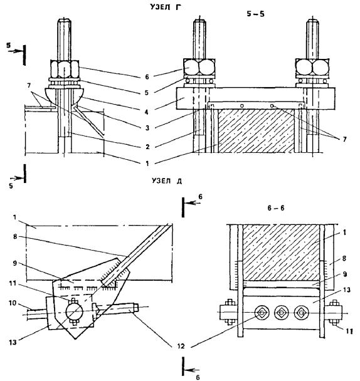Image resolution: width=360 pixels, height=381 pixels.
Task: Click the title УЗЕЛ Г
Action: pos(166,7)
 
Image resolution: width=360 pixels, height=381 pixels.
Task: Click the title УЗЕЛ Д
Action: pos(167,180)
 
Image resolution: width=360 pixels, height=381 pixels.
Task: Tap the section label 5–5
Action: pos(255,14)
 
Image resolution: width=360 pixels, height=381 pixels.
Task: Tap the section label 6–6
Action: pos(275,208)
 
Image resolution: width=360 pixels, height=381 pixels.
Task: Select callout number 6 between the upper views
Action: pos(147,77)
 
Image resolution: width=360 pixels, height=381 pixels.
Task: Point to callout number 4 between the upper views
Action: pos(146,112)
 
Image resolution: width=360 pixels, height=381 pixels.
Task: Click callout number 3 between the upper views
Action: pos(147,128)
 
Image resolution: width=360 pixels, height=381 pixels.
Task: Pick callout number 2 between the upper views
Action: pos(147,147)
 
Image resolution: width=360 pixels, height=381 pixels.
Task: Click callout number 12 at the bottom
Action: pos(181,346)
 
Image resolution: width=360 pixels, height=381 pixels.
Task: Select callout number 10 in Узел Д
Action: pos(13,303)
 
